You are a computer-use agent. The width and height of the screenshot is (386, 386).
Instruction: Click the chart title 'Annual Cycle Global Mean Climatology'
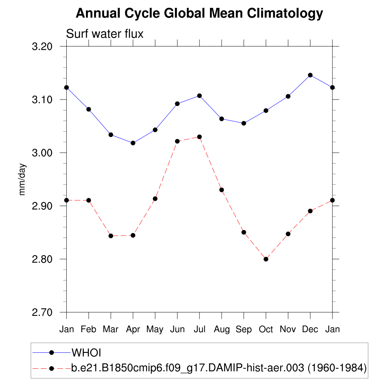pos(199,14)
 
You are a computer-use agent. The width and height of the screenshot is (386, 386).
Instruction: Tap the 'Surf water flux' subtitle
pos(105,34)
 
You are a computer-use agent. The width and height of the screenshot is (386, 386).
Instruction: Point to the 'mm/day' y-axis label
pos(22,179)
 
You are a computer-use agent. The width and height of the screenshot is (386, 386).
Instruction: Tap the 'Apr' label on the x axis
pos(133,329)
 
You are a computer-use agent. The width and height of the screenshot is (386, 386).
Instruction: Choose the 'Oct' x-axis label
pos(266,329)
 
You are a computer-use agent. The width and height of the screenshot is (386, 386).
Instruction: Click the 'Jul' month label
pos(199,329)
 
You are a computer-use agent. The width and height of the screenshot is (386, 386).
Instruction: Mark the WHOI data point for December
pos(310,75)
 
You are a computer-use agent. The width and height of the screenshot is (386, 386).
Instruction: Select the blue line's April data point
pos(133,143)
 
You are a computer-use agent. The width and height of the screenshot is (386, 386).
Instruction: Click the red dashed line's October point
pos(266,259)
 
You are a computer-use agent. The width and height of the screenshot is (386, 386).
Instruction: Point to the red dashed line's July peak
pos(199,137)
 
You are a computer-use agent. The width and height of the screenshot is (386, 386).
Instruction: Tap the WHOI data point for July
pos(199,96)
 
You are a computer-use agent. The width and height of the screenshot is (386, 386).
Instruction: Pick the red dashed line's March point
pos(111,236)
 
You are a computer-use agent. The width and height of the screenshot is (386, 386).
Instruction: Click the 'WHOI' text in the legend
pos(87,353)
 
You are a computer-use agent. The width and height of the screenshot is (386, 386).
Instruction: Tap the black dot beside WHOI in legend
pos(52,352)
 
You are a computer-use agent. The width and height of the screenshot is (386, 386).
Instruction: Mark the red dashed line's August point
pos(222,190)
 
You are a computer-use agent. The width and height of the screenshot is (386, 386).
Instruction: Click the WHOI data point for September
pos(244,123)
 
